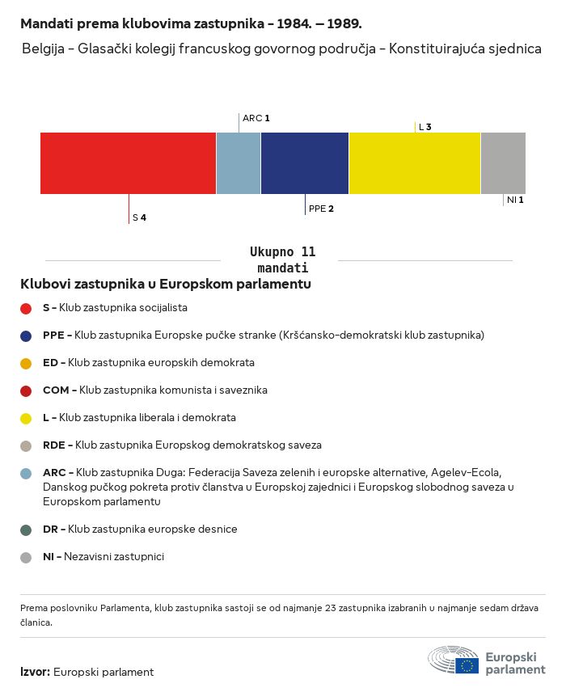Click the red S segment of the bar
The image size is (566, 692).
click(x=128, y=163)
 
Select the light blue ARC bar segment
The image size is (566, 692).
click(x=239, y=163)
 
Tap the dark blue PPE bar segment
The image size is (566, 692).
click(x=305, y=163)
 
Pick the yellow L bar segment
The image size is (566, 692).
click(x=415, y=163)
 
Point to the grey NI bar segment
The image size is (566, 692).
click(x=503, y=163)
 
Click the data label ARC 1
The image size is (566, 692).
click(x=256, y=118)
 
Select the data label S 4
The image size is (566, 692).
click(x=139, y=217)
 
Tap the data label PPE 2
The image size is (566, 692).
click(x=321, y=209)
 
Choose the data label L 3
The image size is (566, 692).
click(x=424, y=127)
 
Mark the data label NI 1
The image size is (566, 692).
click(x=515, y=200)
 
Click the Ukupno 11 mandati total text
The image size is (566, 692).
click(x=282, y=259)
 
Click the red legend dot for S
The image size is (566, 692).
click(x=26, y=308)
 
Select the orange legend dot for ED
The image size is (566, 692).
click(x=26, y=363)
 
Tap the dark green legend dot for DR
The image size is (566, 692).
click(x=26, y=530)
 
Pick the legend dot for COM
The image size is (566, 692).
click(x=26, y=390)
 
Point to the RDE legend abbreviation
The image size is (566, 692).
click(x=56, y=445)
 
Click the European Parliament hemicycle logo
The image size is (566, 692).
click(x=453, y=660)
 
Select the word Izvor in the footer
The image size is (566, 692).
click(x=35, y=672)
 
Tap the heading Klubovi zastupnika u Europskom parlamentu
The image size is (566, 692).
click(x=166, y=285)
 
